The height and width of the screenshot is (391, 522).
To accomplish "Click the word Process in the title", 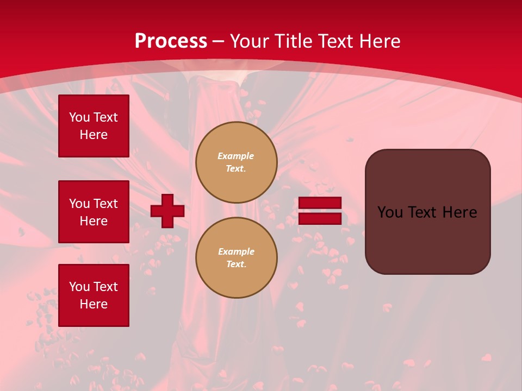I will [x=171, y=41].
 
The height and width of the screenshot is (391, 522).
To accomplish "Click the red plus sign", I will [x=167, y=211].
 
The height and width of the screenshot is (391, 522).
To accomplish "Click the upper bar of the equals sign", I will [x=320, y=203].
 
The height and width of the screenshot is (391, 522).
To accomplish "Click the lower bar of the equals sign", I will [x=320, y=218].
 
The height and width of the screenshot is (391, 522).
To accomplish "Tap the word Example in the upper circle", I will [x=236, y=156].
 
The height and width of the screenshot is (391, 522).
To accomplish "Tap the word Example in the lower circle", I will [x=236, y=251].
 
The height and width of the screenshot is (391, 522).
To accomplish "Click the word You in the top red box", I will [x=79, y=117].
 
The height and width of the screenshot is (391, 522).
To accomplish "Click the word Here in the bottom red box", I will [x=94, y=304].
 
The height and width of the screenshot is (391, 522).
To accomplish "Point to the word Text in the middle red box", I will [x=105, y=204].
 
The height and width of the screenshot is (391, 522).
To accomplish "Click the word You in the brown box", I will [x=390, y=212].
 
